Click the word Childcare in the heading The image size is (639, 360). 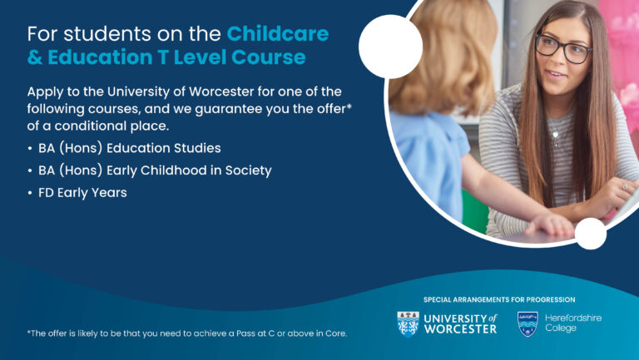click(x=278, y=34)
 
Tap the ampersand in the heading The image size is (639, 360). click(x=35, y=57)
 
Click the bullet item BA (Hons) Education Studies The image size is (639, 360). click(x=130, y=148)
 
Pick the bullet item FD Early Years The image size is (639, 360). click(x=82, y=193)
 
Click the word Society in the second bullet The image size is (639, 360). click(x=248, y=170)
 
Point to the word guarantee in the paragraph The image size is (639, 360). click(x=223, y=109)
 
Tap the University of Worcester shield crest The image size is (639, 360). click(x=408, y=324)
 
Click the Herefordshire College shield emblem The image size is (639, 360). click(x=528, y=324)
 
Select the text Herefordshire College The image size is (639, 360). click(x=573, y=323)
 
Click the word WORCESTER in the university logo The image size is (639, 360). click(x=460, y=329)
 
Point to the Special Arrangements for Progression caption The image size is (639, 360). click(x=499, y=300)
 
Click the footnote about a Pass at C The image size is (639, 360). click(x=187, y=333)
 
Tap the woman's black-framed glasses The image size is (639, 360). click(x=563, y=48)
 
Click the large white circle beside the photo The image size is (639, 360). click(x=390, y=47)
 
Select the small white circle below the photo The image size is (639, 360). click(x=591, y=234)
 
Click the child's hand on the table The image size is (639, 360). click(x=550, y=224)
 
